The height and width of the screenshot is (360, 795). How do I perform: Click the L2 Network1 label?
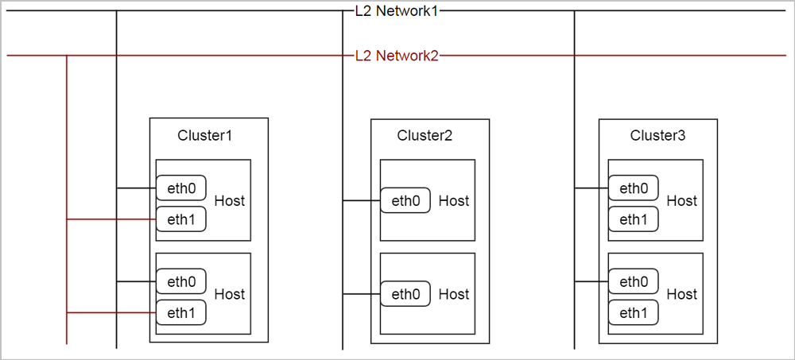click(x=397, y=11)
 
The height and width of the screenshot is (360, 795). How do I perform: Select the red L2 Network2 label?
click(x=397, y=56)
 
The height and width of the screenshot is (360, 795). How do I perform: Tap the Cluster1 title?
click(x=205, y=135)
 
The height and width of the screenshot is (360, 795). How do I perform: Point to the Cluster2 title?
click(x=425, y=135)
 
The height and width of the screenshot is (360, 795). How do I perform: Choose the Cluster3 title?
click(x=657, y=135)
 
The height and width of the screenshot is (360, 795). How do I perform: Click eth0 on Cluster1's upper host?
click(x=181, y=188)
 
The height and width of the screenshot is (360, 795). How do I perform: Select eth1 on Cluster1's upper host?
click(x=181, y=219)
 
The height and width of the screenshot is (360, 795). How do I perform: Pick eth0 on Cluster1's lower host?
click(x=181, y=281)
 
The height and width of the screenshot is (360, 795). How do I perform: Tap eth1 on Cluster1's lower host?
click(x=181, y=312)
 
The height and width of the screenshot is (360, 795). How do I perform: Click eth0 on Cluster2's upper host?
click(x=405, y=201)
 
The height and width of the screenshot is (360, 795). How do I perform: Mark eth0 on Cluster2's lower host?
click(x=405, y=294)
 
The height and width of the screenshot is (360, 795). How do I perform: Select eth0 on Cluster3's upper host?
click(x=634, y=188)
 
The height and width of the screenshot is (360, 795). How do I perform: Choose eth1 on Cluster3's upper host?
click(x=634, y=219)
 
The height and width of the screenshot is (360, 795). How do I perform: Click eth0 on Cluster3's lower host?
click(x=634, y=281)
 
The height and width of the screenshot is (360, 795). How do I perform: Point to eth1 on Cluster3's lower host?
click(x=634, y=312)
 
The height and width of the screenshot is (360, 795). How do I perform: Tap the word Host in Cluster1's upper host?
click(x=230, y=201)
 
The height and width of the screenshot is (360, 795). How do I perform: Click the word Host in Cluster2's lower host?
click(x=454, y=294)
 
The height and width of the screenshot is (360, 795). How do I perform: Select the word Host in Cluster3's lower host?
click(x=681, y=294)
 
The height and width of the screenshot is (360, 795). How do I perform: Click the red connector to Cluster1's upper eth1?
click(x=111, y=219)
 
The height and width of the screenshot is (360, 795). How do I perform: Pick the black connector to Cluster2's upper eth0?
click(x=361, y=201)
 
